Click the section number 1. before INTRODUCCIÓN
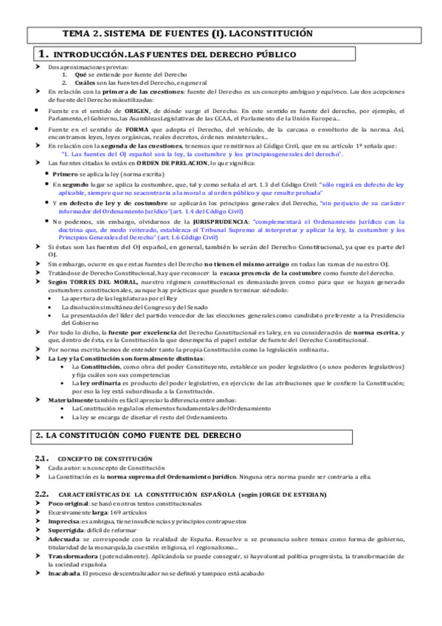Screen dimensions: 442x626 point(43,55)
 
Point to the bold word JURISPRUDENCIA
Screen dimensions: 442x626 point(221,221)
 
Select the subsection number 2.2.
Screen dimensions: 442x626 point(42,493)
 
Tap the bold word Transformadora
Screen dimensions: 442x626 point(77,556)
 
